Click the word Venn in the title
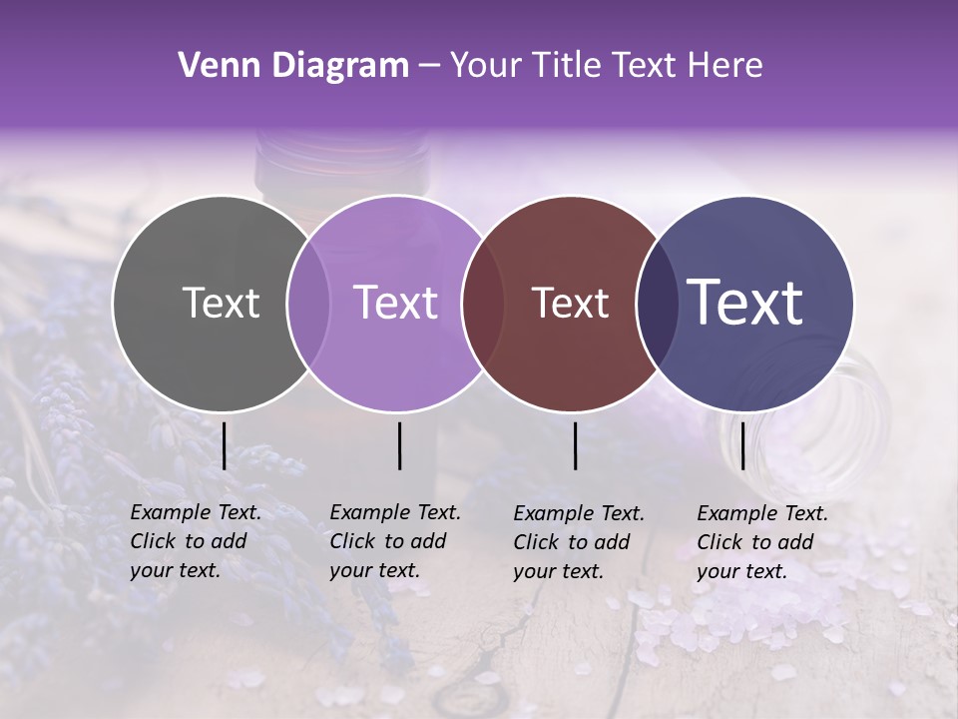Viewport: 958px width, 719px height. click(214, 66)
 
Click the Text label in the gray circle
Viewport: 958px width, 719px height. click(221, 304)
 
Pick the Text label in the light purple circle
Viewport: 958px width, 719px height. click(396, 304)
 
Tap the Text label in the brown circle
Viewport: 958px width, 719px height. click(571, 304)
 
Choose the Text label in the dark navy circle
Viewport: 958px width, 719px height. click(745, 304)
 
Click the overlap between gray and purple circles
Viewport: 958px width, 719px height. click(308, 304)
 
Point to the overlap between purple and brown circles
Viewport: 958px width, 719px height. click(483, 304)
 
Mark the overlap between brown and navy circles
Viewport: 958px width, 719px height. click(658, 304)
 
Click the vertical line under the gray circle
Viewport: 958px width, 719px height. click(224, 445)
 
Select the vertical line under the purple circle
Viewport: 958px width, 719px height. click(399, 445)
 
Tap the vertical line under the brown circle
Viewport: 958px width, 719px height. click(575, 445)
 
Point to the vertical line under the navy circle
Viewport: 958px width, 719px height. click(742, 445)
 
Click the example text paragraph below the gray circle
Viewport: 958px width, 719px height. click(196, 541)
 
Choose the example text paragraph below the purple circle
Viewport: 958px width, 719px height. click(395, 541)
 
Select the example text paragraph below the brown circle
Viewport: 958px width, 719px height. click(579, 542)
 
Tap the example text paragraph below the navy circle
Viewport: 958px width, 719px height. click(762, 542)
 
